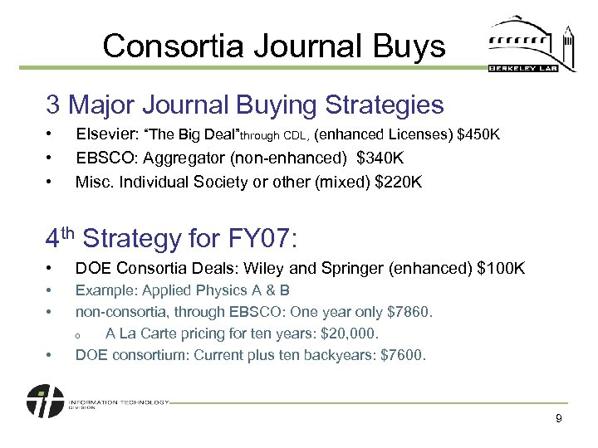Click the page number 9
point(559,419)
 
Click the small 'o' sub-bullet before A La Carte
point(76,334)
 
